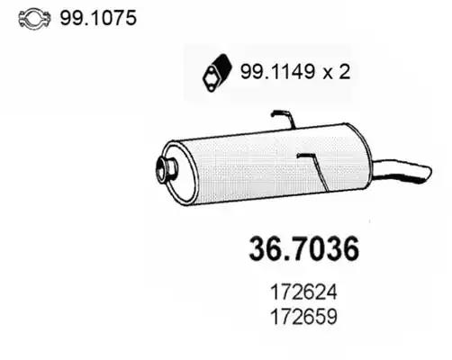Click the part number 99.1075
click(x=98, y=18)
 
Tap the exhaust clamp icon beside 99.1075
click(x=34, y=18)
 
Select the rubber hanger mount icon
click(x=217, y=73)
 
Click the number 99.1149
click(x=278, y=72)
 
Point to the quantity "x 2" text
click(x=337, y=72)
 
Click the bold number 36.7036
click(x=303, y=249)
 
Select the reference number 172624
click(x=303, y=292)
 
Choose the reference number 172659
click(x=303, y=317)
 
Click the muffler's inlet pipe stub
click(x=166, y=170)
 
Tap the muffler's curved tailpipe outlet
click(x=402, y=171)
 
